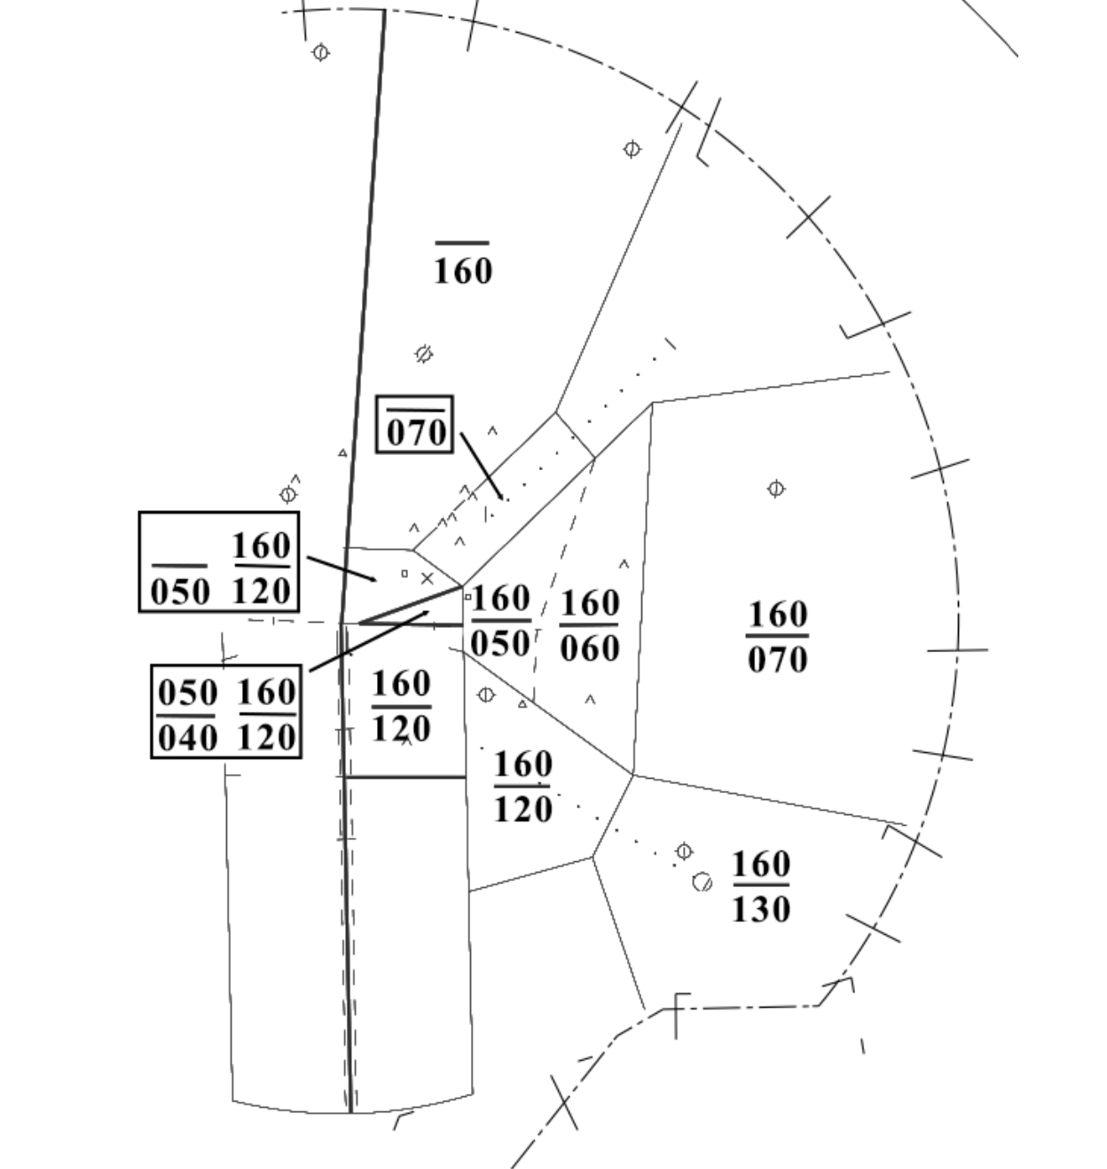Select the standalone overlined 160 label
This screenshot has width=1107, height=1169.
click(462, 270)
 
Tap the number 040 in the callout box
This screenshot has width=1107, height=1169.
click(186, 736)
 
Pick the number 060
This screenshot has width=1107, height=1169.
click(590, 647)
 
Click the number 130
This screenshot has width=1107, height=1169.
click(760, 908)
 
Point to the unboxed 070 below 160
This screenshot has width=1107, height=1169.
click(777, 659)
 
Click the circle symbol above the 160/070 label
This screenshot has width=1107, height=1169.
click(776, 489)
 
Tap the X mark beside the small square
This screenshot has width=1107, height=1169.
click(428, 578)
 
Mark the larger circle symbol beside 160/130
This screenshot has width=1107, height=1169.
click(703, 882)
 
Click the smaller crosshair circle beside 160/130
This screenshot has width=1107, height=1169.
click(684, 851)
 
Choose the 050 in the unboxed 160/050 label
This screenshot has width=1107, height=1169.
click(500, 643)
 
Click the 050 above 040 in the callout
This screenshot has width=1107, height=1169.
click(187, 693)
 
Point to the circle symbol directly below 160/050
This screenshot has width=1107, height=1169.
click(486, 694)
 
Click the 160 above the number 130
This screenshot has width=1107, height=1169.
click(761, 863)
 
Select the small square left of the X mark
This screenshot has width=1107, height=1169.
click(404, 574)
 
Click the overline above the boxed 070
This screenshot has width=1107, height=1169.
click(415, 410)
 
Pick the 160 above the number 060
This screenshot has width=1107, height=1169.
click(590, 604)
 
